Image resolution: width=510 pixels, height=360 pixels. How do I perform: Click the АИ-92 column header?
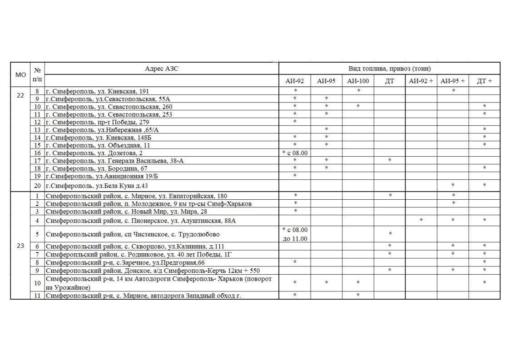294,81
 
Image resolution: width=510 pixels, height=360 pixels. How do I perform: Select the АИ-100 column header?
358,81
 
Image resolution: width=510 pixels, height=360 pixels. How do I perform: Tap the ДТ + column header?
484,81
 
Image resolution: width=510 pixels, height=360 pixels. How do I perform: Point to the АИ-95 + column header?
452,81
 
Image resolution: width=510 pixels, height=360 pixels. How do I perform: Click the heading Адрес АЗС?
162,69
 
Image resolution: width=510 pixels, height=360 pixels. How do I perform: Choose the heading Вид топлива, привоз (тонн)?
389,69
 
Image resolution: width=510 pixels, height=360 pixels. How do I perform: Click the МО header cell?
20,75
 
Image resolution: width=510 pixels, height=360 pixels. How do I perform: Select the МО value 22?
20,95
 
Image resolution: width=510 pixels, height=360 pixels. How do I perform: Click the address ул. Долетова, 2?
94,153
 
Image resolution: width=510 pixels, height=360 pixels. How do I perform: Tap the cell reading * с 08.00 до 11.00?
294,234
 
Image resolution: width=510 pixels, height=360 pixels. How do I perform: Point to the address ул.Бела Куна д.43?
97,186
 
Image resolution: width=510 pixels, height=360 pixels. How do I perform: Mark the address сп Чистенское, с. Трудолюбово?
133,234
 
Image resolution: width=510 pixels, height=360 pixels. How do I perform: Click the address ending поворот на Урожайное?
159,283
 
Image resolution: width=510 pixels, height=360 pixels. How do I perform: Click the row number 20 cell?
37,186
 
